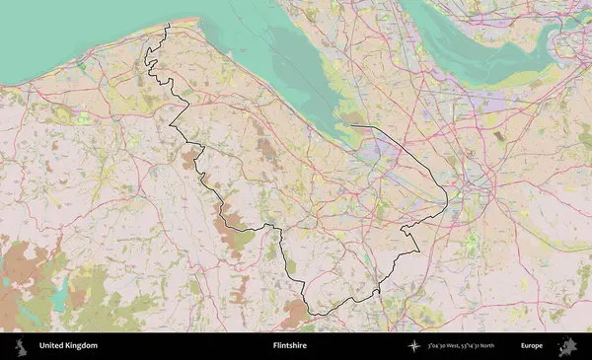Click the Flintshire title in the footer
coord(293,346)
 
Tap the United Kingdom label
coord(68,346)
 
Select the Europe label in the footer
coord(531,346)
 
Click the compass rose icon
coord(416,346)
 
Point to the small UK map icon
coord(21,346)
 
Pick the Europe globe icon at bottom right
coord(567,346)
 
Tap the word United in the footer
coord(50,346)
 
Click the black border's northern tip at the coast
coord(168,25)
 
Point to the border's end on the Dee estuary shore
coord(350,126)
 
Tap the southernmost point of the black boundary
coord(314,315)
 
